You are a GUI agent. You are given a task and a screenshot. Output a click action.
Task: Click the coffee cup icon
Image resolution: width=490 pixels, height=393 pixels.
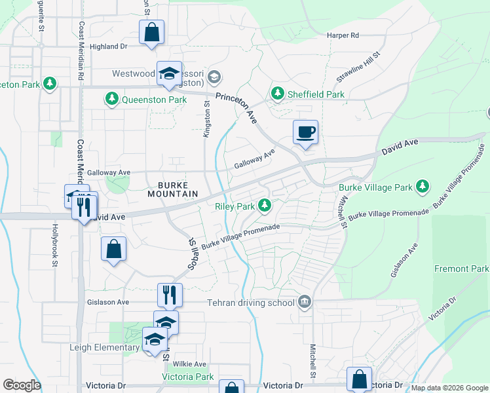tap(305, 132)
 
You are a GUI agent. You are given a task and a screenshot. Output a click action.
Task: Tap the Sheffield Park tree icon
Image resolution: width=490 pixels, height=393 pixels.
tap(278, 94)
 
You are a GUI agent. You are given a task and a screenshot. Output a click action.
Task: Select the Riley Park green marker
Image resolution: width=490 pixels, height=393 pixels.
tap(265, 206)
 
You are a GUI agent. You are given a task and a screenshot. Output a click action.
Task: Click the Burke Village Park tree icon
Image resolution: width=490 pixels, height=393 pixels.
tap(423, 187)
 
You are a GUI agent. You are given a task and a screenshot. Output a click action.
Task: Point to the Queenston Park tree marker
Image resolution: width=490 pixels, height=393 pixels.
tap(111, 100)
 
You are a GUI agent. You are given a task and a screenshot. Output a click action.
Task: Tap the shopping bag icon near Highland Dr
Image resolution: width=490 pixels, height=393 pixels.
tap(151, 32)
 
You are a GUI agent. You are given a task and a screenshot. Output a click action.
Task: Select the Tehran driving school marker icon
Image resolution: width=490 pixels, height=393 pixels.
tap(305, 302)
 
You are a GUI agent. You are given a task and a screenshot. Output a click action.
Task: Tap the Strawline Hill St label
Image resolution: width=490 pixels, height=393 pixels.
tap(358, 68)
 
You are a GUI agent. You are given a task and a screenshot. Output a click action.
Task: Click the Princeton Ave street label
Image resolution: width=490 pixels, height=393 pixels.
tap(242, 107)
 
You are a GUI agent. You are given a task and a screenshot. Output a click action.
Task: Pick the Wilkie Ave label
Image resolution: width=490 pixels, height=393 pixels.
tap(190, 364)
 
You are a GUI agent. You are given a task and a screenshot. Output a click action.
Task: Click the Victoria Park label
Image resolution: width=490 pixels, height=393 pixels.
tap(187, 377)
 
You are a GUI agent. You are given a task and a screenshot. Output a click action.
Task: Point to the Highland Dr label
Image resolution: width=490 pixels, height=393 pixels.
tap(108, 47)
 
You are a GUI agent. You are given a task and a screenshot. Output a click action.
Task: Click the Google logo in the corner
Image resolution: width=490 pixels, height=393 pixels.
tap(22, 385)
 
